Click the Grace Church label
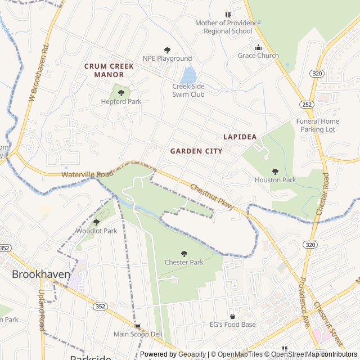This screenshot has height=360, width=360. point(258,56)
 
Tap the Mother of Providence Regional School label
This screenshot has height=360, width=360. point(228,27)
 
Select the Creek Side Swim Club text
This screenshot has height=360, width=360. point(188,90)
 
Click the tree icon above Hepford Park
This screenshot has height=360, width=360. point(121,93)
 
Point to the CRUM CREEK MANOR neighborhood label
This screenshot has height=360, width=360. point(109,70)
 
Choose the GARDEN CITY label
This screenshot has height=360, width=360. point(196,151)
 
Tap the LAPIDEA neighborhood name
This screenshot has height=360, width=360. point(240,137)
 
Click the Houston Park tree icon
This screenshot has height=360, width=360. point(275,172)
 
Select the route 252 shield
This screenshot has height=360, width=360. point(307,105)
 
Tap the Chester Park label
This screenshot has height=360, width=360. point(184,262)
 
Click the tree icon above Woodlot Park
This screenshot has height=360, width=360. point(96,222)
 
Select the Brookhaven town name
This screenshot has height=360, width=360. point(42,274)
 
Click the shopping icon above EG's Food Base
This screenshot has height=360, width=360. point(232,316)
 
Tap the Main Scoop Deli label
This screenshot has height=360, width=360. point(138,334)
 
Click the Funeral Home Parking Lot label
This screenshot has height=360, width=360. point(318,125)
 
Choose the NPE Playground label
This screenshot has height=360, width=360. point(167,58)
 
